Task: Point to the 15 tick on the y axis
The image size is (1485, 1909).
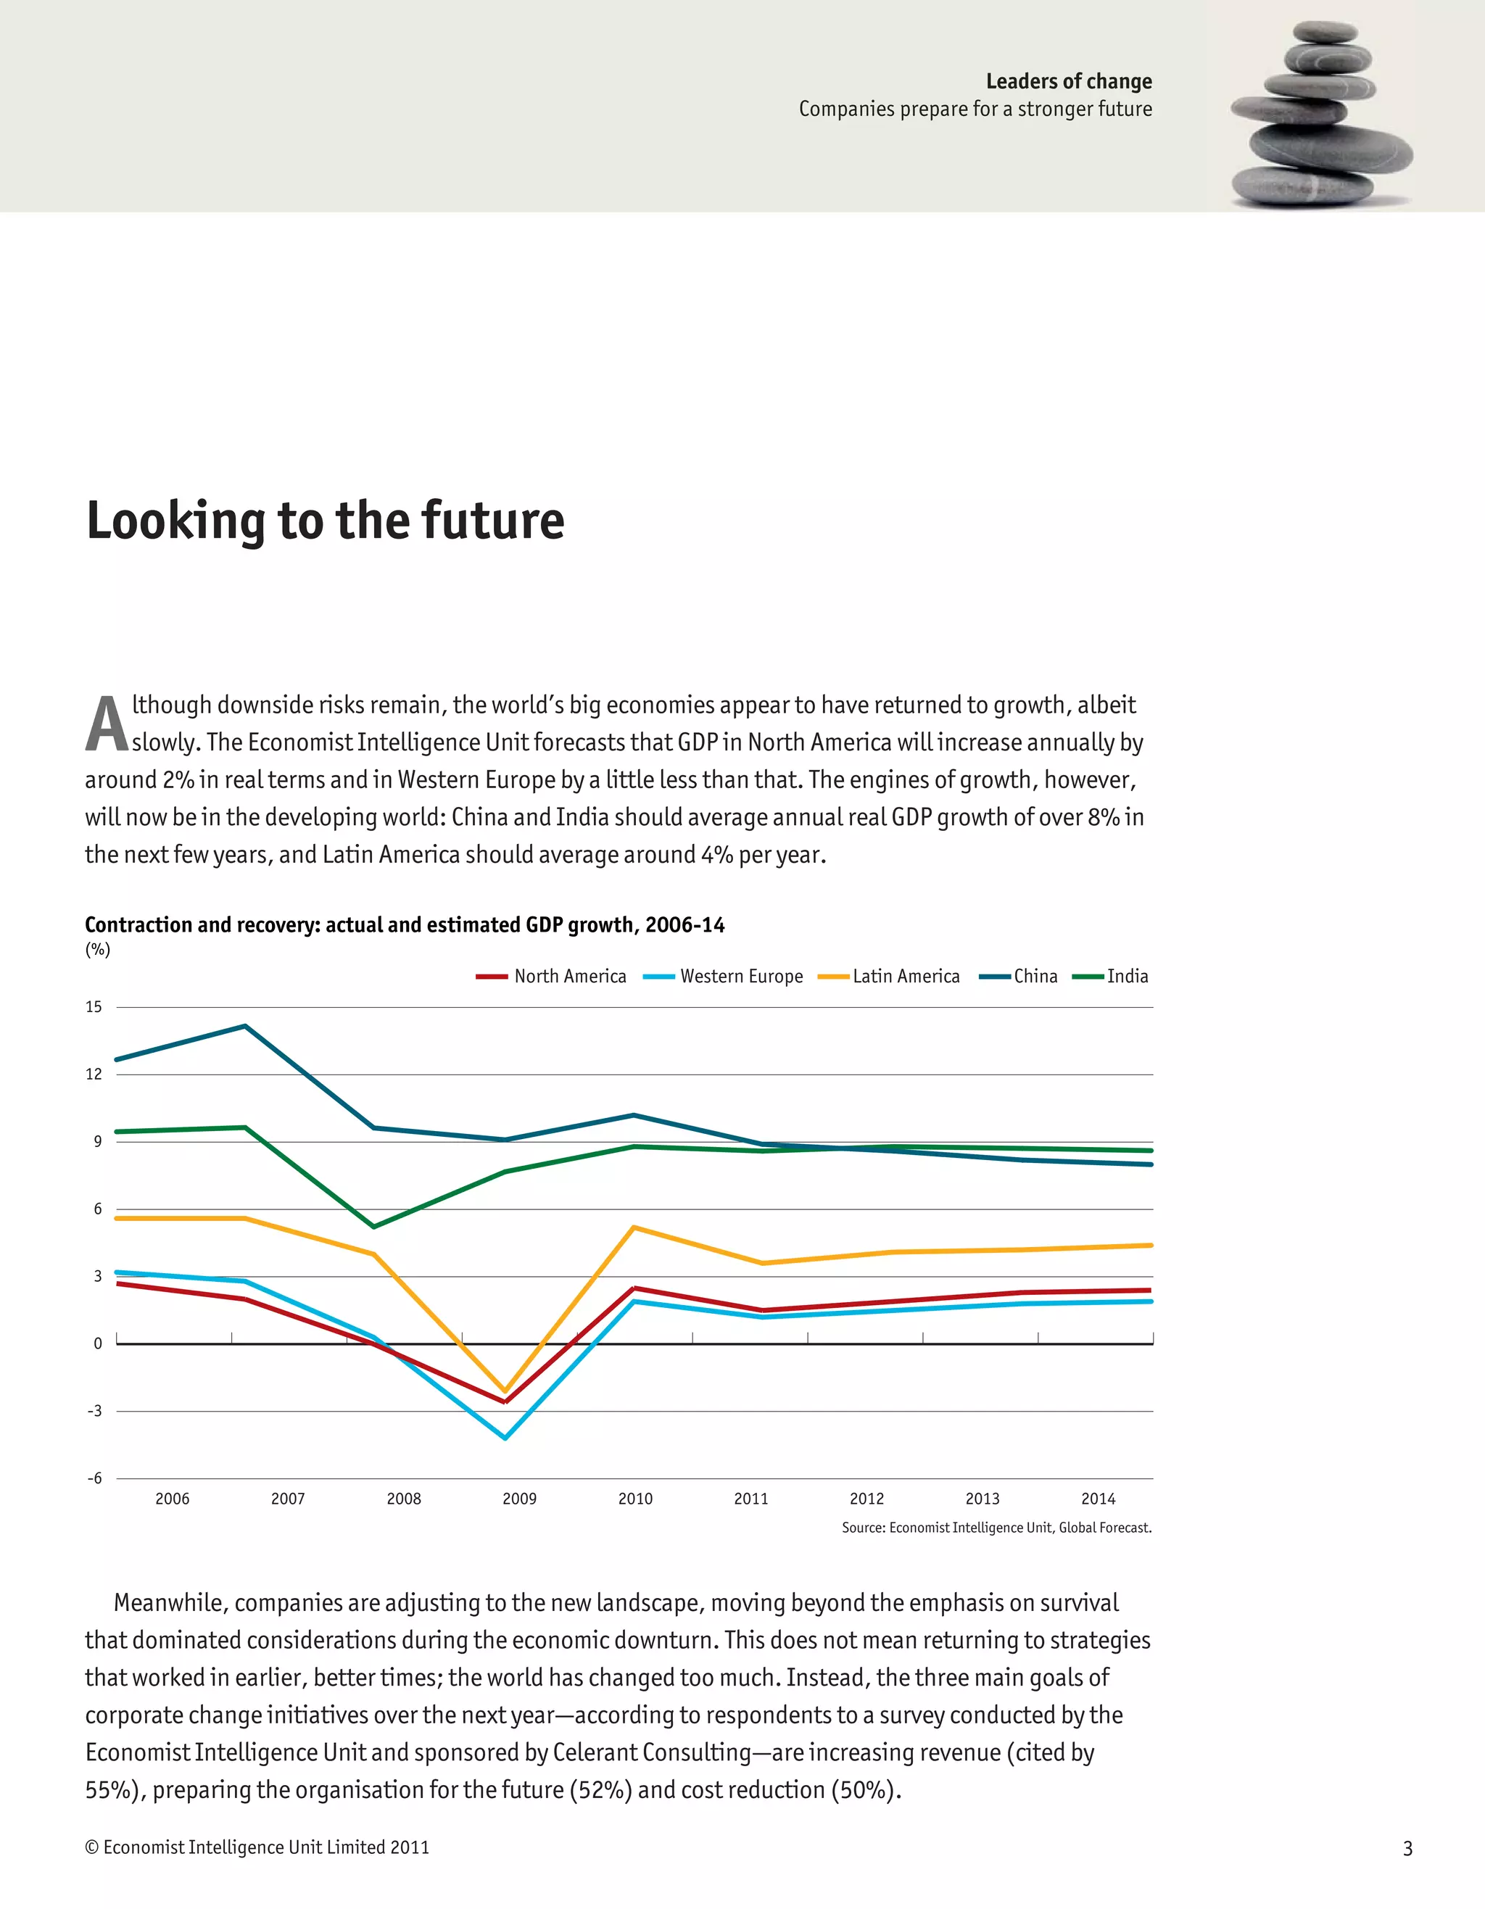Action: [x=94, y=1007]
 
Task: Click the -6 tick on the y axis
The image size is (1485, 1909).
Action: [x=94, y=1478]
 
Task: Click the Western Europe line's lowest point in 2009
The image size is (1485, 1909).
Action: [x=505, y=1438]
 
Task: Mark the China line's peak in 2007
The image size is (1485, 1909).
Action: [x=246, y=1026]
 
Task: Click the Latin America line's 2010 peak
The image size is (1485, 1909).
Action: [x=634, y=1227]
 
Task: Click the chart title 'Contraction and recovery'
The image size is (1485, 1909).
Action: [x=405, y=925]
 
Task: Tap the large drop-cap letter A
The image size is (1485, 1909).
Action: [x=107, y=724]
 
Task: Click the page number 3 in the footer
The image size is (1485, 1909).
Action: [x=1407, y=1848]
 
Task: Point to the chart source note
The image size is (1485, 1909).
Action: [x=996, y=1528]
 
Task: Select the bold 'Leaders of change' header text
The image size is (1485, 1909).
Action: [x=1068, y=81]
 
